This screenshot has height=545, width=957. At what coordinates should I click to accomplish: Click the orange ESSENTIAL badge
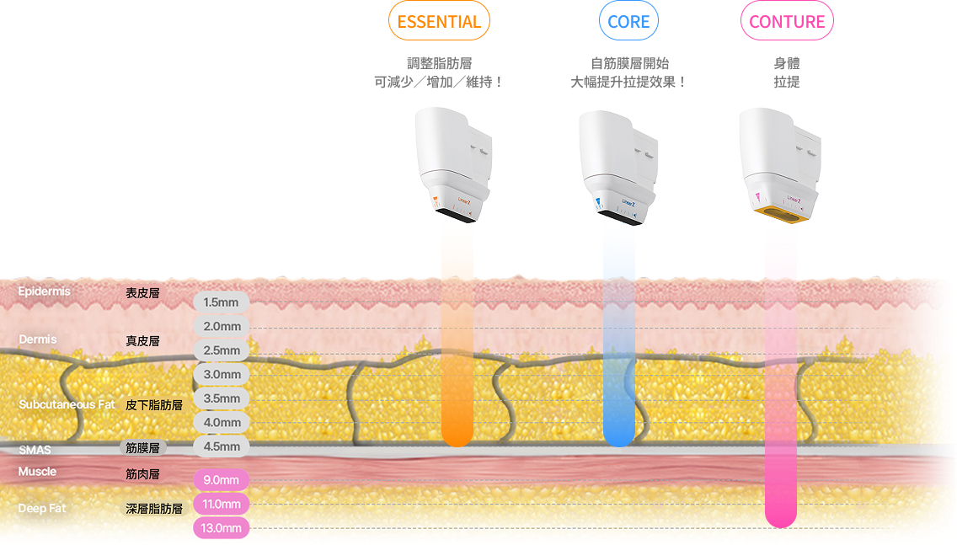pyautogui.click(x=439, y=22)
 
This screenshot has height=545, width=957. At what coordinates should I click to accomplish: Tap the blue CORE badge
pyautogui.click(x=628, y=22)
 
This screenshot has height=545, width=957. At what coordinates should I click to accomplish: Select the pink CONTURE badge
pyautogui.click(x=787, y=22)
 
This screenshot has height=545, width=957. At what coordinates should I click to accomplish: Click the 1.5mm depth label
pyautogui.click(x=221, y=302)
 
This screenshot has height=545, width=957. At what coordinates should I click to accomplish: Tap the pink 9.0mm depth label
pyautogui.click(x=221, y=480)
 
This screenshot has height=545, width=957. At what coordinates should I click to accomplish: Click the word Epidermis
pyautogui.click(x=44, y=291)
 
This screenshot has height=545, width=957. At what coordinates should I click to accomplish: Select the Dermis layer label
pyautogui.click(x=38, y=339)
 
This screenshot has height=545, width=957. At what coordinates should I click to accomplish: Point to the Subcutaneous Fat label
pyautogui.click(x=67, y=404)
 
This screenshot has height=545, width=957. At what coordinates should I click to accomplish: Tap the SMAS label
pyautogui.click(x=35, y=450)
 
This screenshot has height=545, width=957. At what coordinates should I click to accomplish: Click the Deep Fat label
pyautogui.click(x=42, y=509)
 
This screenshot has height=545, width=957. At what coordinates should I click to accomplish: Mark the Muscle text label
pyautogui.click(x=37, y=472)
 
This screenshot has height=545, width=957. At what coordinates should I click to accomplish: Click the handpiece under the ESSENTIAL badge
pyautogui.click(x=453, y=164)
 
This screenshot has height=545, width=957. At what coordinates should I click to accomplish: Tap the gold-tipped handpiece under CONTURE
pyautogui.click(x=778, y=164)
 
